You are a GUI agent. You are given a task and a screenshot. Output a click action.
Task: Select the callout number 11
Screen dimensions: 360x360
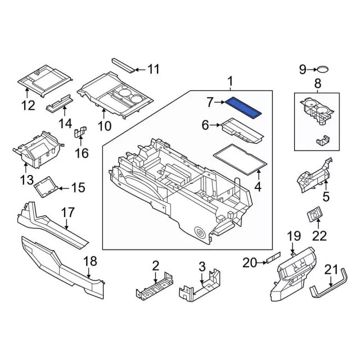coord(153,70)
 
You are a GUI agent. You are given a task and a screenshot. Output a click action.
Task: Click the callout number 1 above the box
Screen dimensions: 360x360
coord(230,83)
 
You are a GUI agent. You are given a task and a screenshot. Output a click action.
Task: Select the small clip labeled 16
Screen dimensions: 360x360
coord(82,134)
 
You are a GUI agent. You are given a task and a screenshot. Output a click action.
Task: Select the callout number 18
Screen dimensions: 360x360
coord(89,262)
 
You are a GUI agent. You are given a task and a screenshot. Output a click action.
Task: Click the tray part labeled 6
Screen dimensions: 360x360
coord(242,129)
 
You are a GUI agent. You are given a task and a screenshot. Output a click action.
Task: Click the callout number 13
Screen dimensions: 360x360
coord(26,180)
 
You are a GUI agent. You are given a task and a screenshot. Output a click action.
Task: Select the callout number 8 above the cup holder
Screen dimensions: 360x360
coord(317,85)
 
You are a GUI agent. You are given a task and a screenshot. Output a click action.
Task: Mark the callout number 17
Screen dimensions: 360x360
coord(67,213)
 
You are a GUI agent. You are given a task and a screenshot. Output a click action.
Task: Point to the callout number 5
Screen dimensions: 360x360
coord(325,197)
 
